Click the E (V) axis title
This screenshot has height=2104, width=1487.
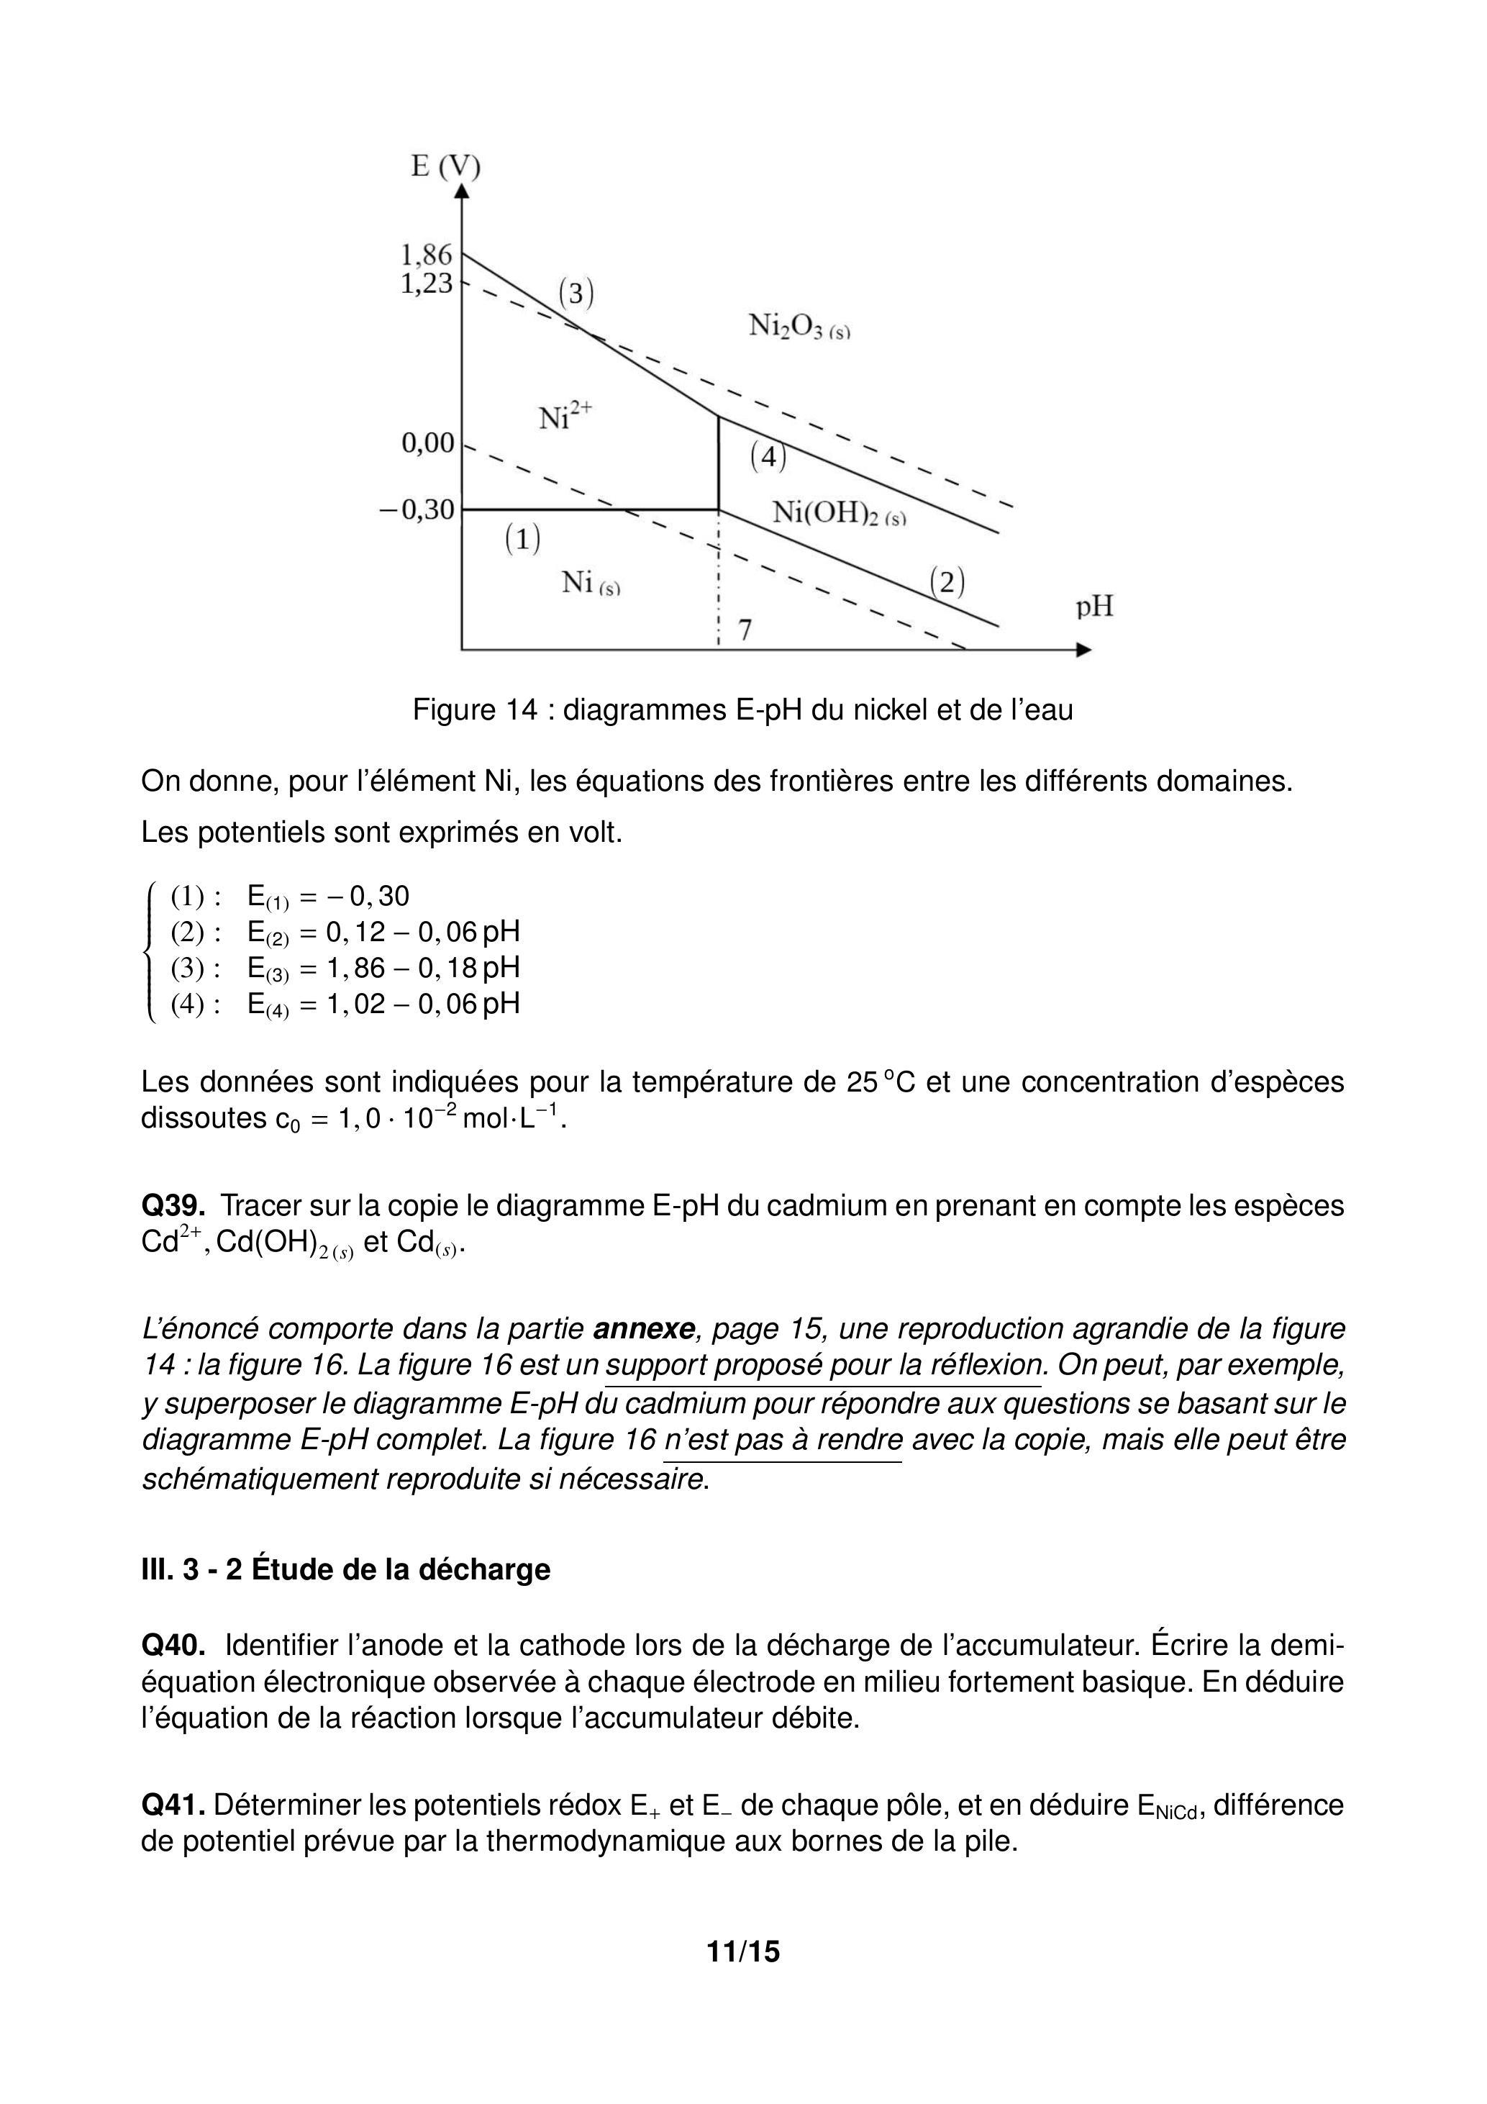(445, 167)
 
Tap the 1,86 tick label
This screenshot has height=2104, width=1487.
(426, 254)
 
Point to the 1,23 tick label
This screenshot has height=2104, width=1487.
(426, 284)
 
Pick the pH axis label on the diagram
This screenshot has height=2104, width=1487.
(1094, 607)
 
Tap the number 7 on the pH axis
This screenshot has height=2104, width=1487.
(745, 630)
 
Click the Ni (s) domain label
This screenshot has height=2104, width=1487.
(590, 583)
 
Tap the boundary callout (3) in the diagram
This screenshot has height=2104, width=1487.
(576, 294)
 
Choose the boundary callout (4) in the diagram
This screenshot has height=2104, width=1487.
(768, 456)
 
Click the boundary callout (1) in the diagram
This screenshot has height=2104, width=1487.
(522, 539)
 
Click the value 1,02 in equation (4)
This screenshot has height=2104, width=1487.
(355, 1004)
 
